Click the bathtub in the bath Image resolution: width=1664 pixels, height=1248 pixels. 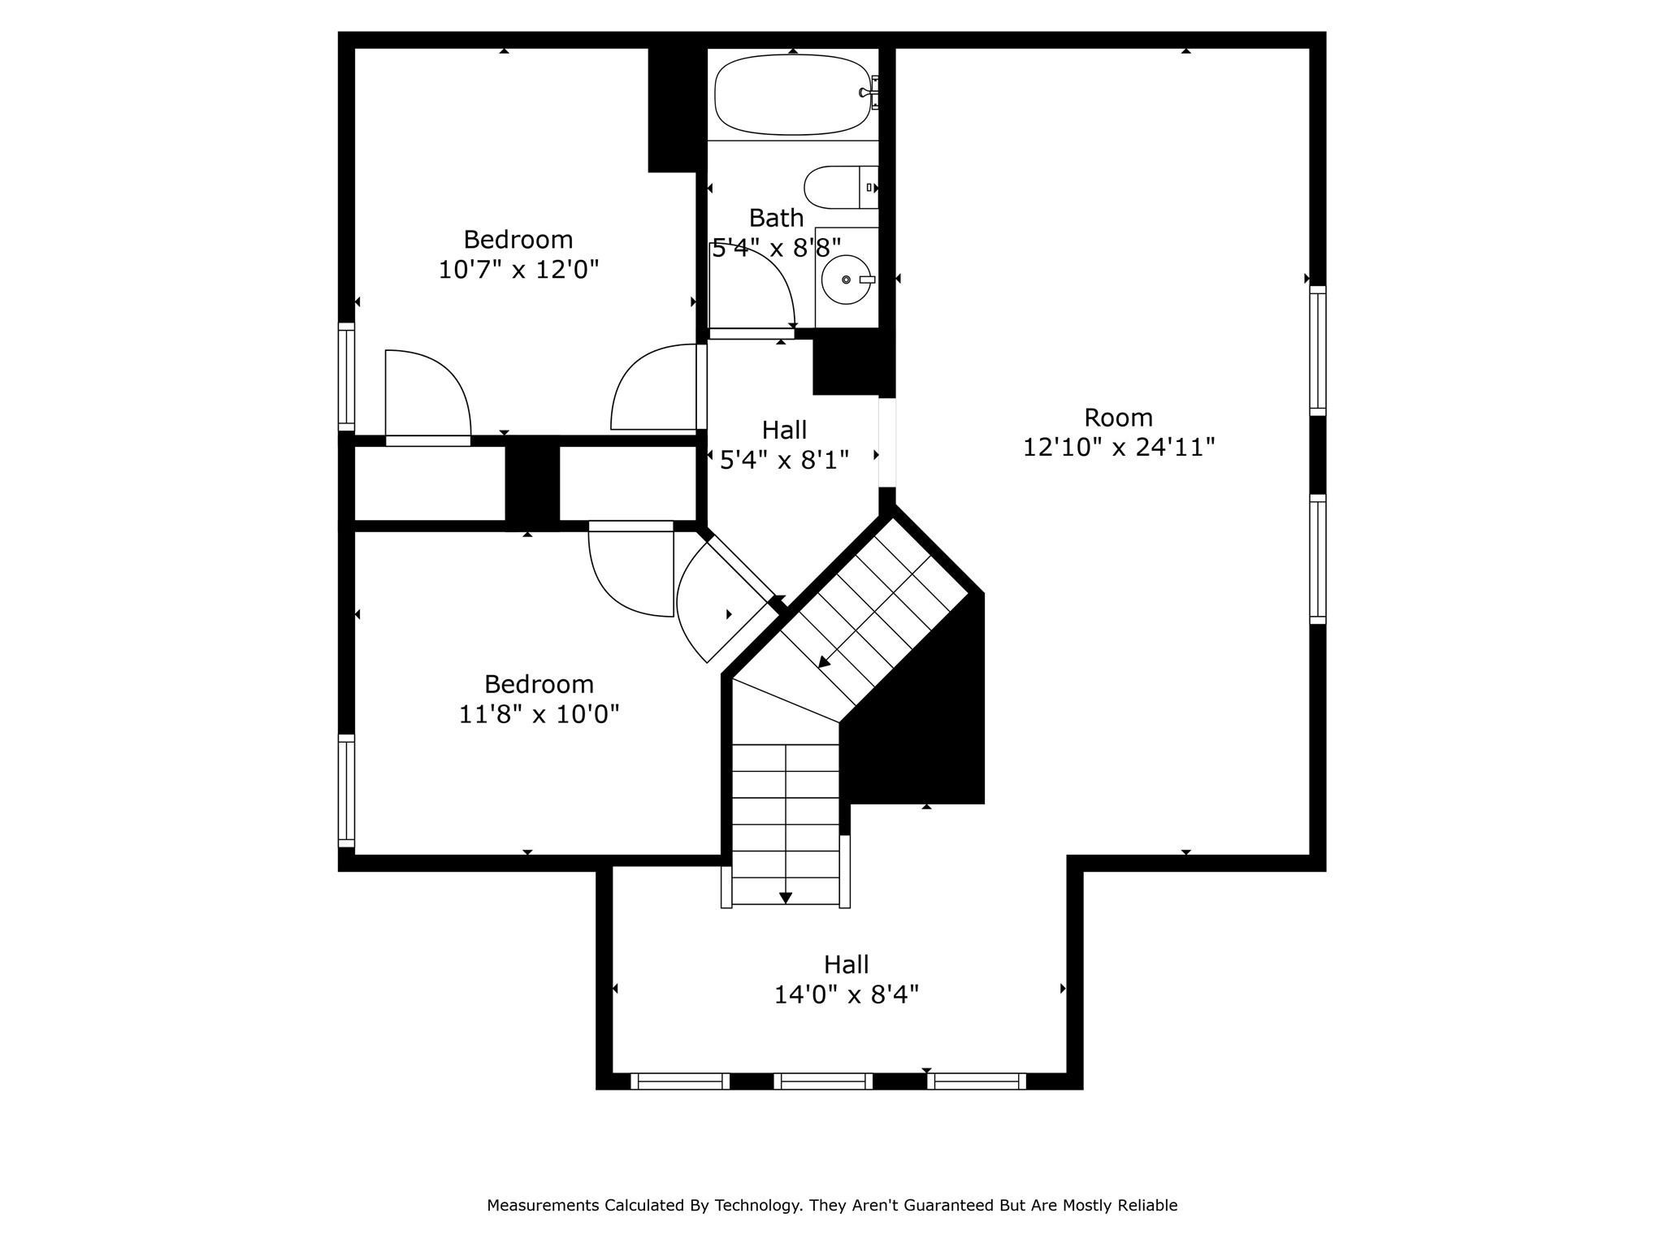point(792,94)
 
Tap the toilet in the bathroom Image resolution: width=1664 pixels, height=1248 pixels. point(841,187)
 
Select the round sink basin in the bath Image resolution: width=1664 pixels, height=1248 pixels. point(846,279)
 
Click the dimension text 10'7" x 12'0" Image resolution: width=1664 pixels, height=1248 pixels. point(518,270)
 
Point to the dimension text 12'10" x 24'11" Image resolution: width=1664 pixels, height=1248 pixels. point(1119,448)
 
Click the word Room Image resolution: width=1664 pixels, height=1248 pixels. point(1119,418)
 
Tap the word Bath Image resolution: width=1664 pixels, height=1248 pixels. point(776,218)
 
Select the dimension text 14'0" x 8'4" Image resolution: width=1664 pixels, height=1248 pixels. point(847,994)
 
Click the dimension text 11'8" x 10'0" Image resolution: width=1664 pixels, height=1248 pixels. point(539,714)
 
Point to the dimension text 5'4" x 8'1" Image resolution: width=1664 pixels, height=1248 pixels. point(785,461)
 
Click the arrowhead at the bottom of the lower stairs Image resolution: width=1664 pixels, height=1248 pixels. point(786,898)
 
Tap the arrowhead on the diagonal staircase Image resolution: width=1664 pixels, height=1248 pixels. point(824,661)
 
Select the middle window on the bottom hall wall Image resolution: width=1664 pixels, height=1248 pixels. point(823,1081)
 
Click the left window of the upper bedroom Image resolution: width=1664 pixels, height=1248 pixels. point(347,377)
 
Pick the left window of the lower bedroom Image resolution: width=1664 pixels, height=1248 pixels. point(347,791)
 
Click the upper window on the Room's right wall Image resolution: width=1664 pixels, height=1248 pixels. point(1318,351)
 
